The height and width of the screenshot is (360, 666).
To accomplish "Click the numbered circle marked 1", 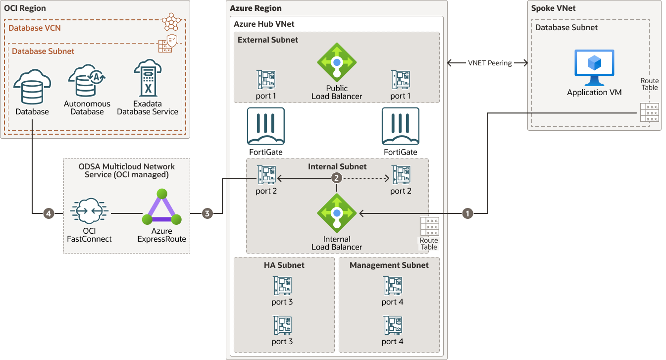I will coord(467,213).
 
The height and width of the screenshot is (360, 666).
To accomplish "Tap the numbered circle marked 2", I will coord(337,178).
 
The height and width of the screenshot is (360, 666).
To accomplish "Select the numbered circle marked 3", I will coord(207,213).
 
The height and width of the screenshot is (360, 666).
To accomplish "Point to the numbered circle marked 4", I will coord(48,213).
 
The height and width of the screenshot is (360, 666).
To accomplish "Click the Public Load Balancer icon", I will coord(337,62).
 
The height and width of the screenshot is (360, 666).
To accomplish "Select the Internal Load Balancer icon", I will coord(337,213).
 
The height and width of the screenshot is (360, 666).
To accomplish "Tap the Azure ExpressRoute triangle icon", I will coord(161,208).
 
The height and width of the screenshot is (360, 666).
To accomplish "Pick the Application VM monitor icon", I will coord(594,68).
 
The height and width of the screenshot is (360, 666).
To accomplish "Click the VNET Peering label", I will coord(490,63).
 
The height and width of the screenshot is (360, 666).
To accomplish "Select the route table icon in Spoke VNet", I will coord(649,112).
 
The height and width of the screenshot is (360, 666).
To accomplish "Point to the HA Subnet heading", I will coord(284,265).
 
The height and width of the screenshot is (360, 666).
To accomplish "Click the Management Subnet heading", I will coord(389,265).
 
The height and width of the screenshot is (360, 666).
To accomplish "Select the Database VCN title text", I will coord(35,28).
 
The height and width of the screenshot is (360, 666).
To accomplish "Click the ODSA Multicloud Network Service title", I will coord(127,170).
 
